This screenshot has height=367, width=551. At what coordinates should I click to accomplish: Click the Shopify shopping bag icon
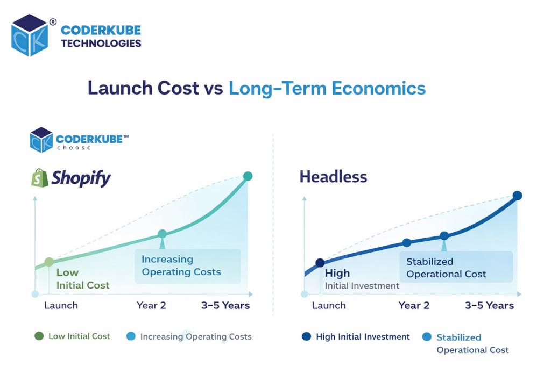point(39,178)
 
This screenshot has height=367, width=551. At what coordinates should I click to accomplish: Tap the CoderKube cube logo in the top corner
point(30,35)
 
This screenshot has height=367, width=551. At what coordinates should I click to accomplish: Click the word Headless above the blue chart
point(333,176)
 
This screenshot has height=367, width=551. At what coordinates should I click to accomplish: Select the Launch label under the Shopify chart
point(61,305)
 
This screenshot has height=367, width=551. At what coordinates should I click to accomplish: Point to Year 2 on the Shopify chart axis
point(151,305)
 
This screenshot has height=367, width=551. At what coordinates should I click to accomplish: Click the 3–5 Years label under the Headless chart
point(489,305)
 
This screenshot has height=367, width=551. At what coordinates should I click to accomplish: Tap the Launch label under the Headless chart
point(329,305)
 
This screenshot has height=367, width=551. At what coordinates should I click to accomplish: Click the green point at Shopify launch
point(49,262)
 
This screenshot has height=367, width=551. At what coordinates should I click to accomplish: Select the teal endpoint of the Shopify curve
point(248,176)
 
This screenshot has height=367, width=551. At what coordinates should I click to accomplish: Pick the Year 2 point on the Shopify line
point(162,234)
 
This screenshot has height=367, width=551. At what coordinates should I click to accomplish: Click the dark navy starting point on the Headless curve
point(320,263)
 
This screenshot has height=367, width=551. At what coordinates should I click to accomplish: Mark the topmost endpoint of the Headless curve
point(517,196)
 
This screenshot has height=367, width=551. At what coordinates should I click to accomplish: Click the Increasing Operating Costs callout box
point(187,266)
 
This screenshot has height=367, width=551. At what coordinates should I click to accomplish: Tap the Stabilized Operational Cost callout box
point(456,268)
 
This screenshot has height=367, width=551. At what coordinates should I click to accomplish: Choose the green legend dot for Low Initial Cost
point(39,336)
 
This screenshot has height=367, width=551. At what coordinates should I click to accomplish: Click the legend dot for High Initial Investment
point(306,337)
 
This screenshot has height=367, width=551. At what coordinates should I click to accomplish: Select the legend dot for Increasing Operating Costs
point(131,336)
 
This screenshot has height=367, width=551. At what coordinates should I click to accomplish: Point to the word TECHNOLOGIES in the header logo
point(101,44)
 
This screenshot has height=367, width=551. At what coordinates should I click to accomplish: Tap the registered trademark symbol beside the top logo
point(53,22)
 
